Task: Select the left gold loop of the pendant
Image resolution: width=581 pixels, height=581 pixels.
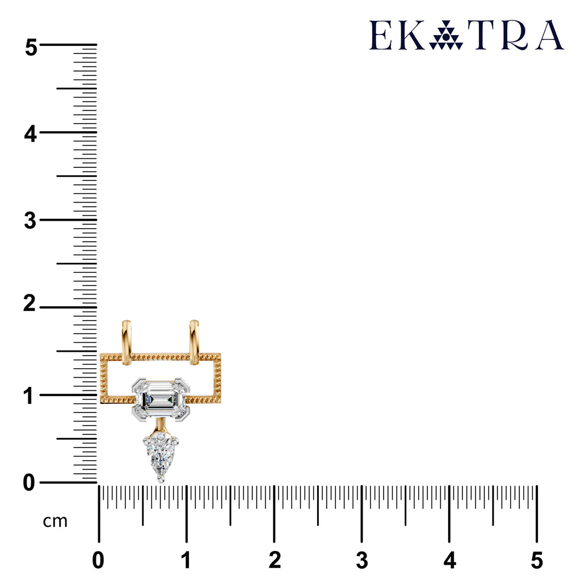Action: pos(127,342)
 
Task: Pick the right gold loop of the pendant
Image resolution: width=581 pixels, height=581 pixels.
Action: pos(194,342)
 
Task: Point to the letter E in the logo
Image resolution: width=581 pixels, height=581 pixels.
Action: pos(381,35)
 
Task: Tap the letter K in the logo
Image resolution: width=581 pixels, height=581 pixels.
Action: pos(412,35)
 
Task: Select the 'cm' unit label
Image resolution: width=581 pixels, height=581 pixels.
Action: pos(55,521)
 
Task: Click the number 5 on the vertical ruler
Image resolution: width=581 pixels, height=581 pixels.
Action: pos(31,48)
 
